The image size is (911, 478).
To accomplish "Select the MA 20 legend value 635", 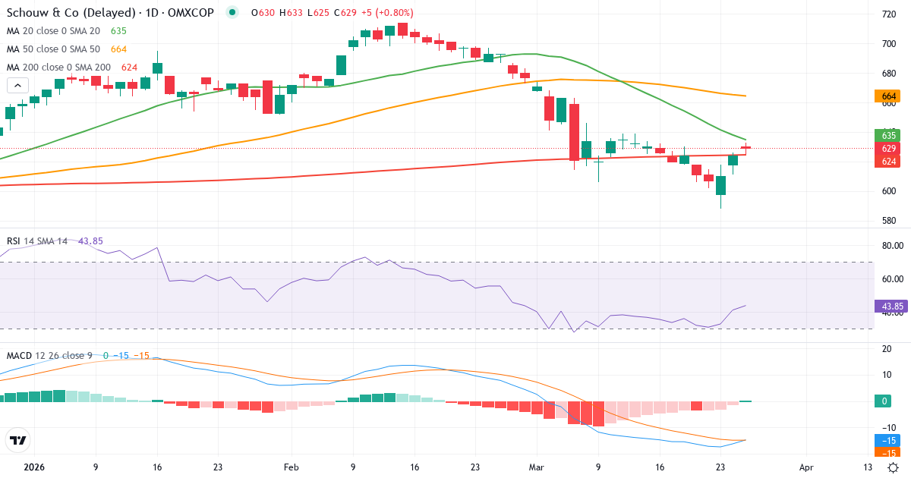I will tap(118, 31).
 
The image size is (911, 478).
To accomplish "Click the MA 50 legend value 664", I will tap(118, 49).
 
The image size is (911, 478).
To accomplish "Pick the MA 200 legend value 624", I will tap(129, 68).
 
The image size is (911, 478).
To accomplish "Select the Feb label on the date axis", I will tap(292, 468).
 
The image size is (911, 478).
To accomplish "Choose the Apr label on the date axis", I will tap(806, 468).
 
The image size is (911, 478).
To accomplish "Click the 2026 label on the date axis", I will tap(34, 468).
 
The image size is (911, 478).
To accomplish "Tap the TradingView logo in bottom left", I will tap(18, 440).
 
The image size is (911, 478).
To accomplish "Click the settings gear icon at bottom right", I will tap(894, 467).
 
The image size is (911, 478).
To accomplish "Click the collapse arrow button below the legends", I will tap(18, 85).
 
